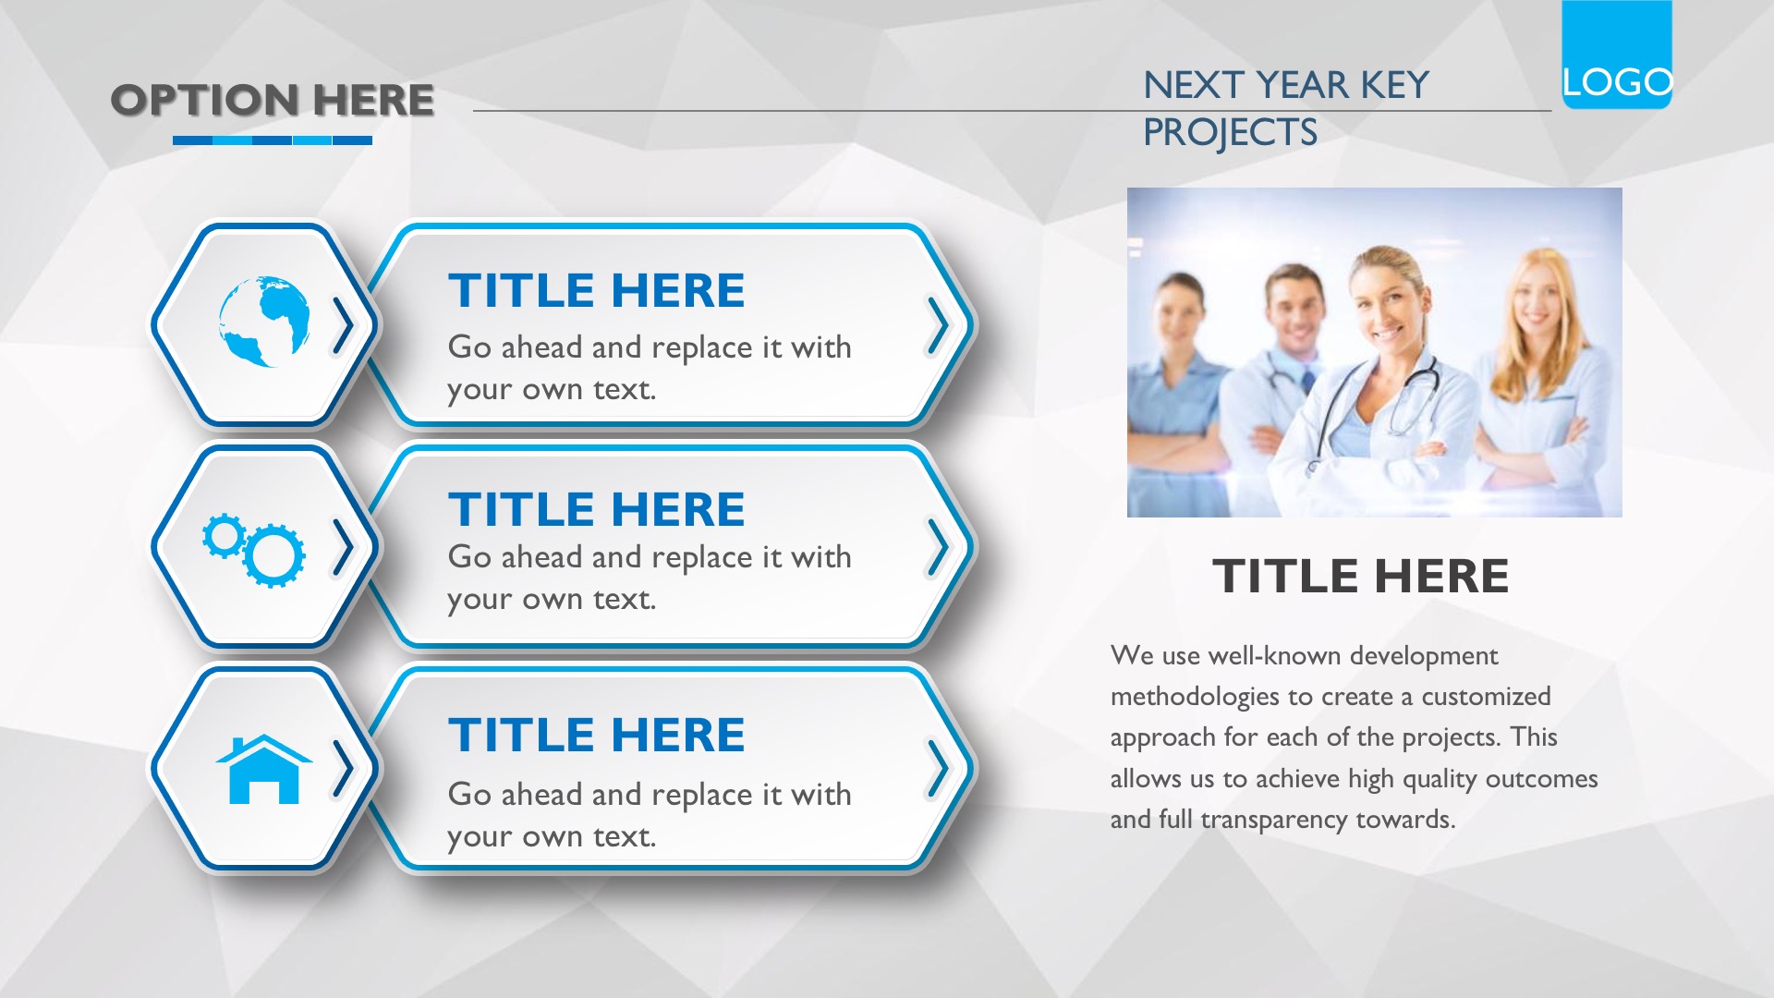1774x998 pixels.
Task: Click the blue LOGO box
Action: pyautogui.click(x=1617, y=55)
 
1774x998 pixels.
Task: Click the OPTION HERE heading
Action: pyautogui.click(x=273, y=100)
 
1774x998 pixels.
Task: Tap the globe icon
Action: pyautogui.click(x=264, y=321)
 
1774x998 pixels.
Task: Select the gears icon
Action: pyautogui.click(x=254, y=551)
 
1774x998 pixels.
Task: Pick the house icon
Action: pyautogui.click(x=264, y=769)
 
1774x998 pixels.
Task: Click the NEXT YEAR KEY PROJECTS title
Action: pyautogui.click(x=1285, y=108)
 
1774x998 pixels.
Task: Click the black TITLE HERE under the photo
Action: pyautogui.click(x=1360, y=576)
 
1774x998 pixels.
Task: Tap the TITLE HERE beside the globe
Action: pyautogui.click(x=597, y=290)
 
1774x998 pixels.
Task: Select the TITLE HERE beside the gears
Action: pyautogui.click(x=597, y=509)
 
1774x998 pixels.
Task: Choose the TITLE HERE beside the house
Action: pyautogui.click(x=597, y=735)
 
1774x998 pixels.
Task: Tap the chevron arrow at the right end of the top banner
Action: pyautogui.click(x=939, y=325)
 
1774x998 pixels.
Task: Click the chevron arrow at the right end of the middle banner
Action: pyautogui.click(x=939, y=547)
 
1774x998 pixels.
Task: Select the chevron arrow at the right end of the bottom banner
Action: pyautogui.click(x=939, y=769)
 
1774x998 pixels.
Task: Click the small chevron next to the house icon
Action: pyautogui.click(x=343, y=769)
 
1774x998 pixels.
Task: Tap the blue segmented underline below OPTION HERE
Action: pyautogui.click(x=273, y=140)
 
